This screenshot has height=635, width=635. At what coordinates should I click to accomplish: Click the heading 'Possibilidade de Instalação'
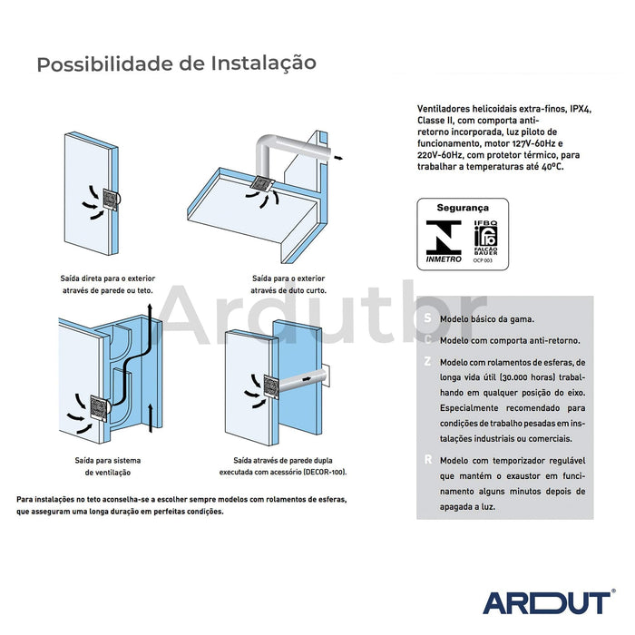point(176,63)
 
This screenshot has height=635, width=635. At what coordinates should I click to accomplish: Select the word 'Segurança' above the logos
point(463,208)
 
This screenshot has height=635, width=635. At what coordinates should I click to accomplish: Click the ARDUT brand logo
point(547,602)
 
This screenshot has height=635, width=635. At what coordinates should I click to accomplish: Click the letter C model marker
point(427,341)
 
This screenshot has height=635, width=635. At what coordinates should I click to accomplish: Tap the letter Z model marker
point(427,361)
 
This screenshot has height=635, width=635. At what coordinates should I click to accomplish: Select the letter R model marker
point(427,460)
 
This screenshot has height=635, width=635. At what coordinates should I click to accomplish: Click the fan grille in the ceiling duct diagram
point(260,184)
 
